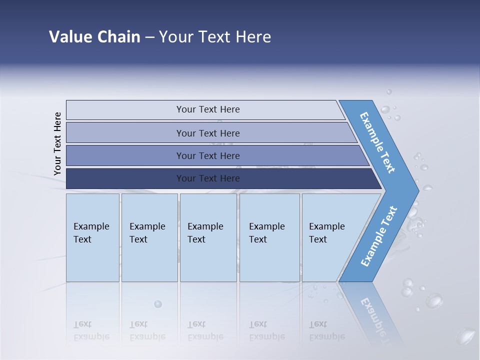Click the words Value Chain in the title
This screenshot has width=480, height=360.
tap(94, 37)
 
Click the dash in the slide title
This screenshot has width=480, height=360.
tap(149, 37)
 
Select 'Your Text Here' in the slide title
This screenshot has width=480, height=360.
tap(215, 37)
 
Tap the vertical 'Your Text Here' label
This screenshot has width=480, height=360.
tap(57, 143)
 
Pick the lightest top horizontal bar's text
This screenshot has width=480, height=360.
tap(208, 109)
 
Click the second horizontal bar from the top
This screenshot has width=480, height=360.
tap(208, 133)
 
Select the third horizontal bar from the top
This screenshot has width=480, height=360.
tap(208, 156)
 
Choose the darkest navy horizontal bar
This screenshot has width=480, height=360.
tap(208, 178)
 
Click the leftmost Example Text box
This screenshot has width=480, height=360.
tap(92, 233)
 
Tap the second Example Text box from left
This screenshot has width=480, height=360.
tap(148, 233)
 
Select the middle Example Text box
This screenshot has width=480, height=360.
tap(207, 233)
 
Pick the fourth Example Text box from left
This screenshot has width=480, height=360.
tap(268, 233)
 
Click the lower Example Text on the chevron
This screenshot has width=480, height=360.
tap(379, 236)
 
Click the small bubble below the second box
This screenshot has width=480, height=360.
tap(158, 304)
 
